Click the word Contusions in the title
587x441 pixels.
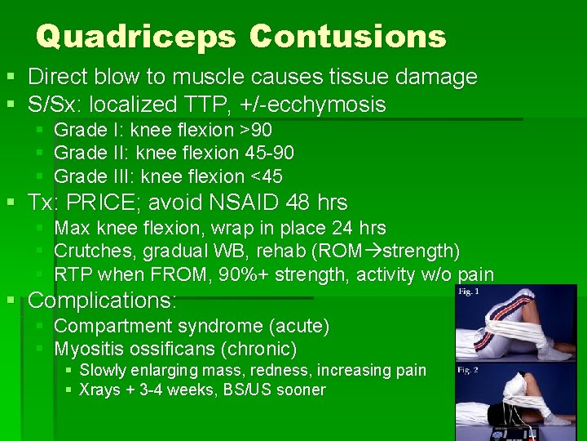click(x=348, y=37)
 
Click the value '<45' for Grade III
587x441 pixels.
click(x=263, y=176)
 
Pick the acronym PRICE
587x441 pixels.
click(x=104, y=203)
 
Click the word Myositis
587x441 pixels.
click(x=87, y=350)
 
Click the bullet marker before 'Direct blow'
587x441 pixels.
click(x=11, y=78)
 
